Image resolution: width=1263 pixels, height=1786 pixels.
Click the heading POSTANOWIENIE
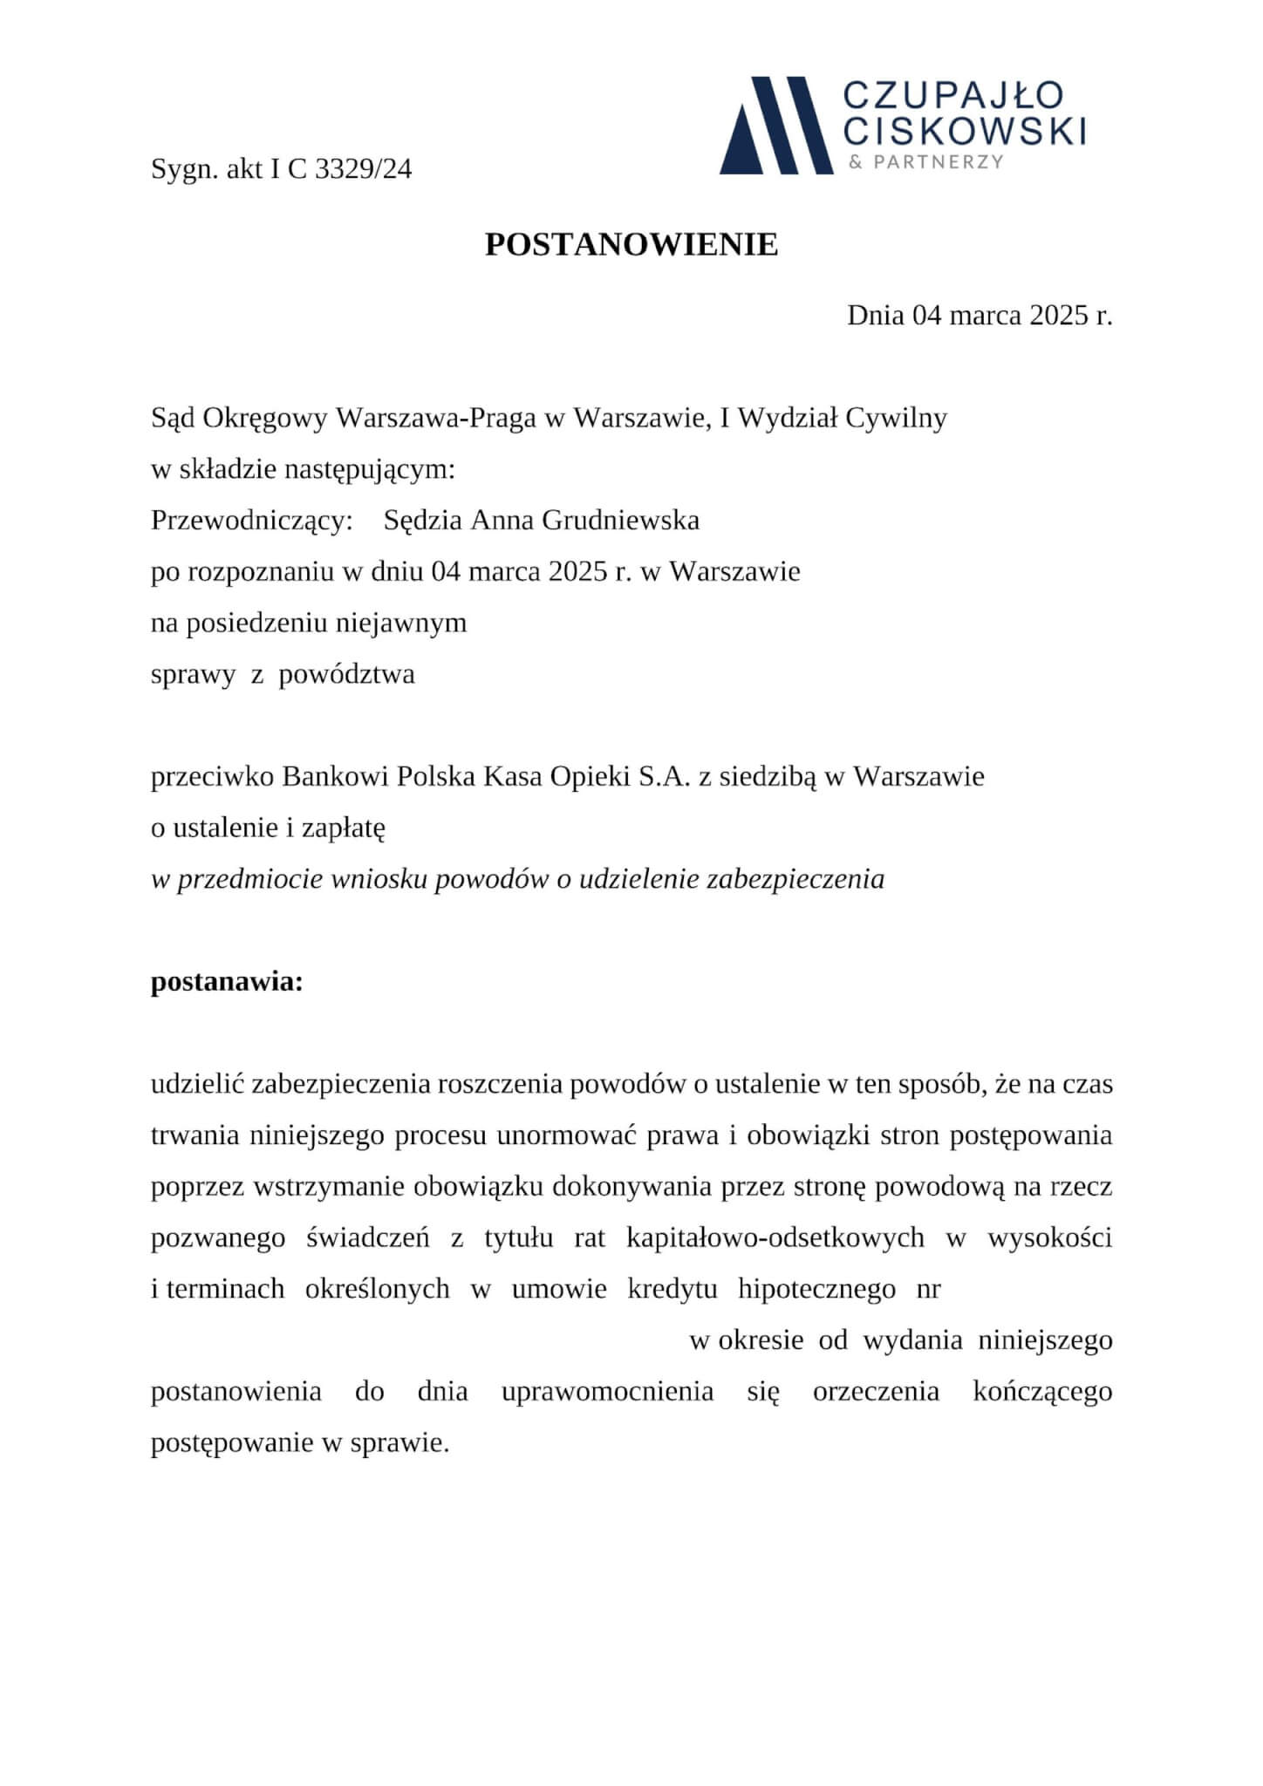click(631, 245)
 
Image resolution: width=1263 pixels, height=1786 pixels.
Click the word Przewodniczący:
click(251, 521)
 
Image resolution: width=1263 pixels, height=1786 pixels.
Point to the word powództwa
click(346, 674)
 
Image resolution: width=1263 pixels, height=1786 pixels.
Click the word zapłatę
click(343, 828)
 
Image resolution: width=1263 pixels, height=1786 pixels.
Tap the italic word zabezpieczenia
click(795, 879)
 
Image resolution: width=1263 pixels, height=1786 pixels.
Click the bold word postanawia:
click(227, 982)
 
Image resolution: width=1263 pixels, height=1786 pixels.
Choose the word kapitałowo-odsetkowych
click(775, 1238)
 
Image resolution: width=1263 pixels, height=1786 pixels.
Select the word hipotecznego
click(816, 1289)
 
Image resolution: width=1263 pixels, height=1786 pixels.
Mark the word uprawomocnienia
click(607, 1391)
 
